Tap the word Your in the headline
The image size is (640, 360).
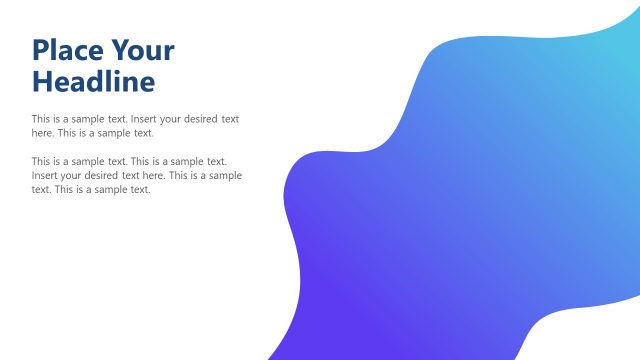pos(142,50)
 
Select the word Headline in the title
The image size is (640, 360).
pos(93,80)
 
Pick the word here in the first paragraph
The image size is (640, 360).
pos(42,132)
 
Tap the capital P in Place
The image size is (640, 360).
pos(41,50)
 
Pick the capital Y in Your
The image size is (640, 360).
pos(121,50)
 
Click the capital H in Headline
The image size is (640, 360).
pos(42,80)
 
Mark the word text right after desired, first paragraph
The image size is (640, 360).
pos(229,119)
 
